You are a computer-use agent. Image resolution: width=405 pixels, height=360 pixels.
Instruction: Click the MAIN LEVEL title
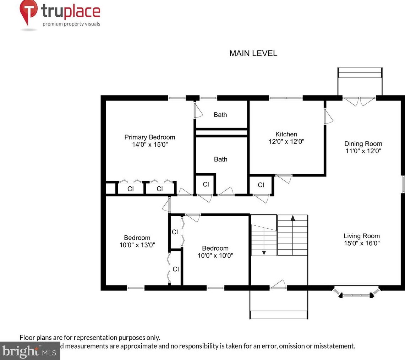(253, 53)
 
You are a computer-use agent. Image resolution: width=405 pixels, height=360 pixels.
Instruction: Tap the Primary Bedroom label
(149, 137)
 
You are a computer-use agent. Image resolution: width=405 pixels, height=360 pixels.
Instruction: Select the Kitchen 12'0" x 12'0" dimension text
(286, 141)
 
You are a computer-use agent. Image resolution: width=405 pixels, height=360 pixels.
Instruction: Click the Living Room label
(361, 236)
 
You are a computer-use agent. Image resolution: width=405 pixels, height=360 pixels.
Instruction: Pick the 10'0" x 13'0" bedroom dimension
(137, 245)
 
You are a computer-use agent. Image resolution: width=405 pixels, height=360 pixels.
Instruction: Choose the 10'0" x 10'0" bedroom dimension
(215, 255)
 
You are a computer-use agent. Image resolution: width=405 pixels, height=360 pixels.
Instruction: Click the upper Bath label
(220, 115)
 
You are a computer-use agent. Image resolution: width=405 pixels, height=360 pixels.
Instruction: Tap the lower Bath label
(220, 159)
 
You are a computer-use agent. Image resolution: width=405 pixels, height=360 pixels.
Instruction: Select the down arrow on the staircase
(264, 252)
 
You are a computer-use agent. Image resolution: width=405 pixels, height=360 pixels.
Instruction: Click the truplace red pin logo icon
(28, 11)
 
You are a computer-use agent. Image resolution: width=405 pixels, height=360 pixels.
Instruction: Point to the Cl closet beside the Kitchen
(261, 185)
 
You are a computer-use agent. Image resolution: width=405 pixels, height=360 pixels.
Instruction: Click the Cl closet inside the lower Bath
(206, 184)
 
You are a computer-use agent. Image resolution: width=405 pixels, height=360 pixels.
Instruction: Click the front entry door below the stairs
(278, 285)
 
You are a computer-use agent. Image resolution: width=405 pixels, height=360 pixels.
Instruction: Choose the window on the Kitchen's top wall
(286, 98)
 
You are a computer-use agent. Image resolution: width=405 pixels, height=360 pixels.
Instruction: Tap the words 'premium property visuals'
(71, 24)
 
